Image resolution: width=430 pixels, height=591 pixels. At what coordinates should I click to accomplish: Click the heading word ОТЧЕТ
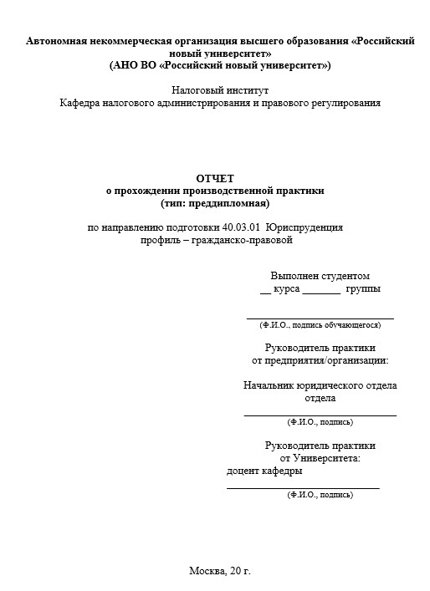tap(215, 178)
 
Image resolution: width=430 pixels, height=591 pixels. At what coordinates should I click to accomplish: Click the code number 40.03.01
tap(243, 227)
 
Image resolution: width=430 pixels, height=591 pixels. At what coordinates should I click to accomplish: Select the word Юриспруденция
tap(305, 227)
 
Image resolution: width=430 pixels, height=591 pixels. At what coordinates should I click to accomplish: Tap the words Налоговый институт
tap(220, 90)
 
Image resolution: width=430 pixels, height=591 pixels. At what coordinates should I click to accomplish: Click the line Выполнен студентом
tap(320, 276)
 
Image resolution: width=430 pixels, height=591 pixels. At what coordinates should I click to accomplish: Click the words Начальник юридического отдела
tap(320, 385)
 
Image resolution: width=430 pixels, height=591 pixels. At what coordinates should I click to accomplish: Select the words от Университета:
tap(320, 458)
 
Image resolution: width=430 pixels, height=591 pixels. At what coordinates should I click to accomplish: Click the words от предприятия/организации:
tap(320, 361)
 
